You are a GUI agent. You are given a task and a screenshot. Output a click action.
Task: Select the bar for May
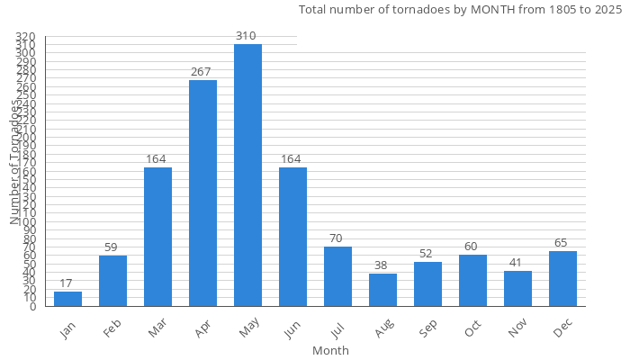pos(247,175)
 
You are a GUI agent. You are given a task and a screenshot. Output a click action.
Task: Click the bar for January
pos(67,299)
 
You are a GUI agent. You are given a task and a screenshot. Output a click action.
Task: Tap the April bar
pos(202,193)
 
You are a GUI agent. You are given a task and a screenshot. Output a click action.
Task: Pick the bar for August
pos(382,290)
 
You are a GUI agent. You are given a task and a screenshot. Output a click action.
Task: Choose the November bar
pos(517,289)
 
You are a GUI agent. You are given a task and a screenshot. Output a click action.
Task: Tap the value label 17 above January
pos(67,283)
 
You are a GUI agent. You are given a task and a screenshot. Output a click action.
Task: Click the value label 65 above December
pos(562,243)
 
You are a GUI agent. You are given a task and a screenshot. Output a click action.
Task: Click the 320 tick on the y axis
pos(25,37)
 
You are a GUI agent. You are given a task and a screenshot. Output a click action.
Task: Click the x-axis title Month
pos(330,350)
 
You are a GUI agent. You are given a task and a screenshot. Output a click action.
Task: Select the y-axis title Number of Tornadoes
pos(14,162)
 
